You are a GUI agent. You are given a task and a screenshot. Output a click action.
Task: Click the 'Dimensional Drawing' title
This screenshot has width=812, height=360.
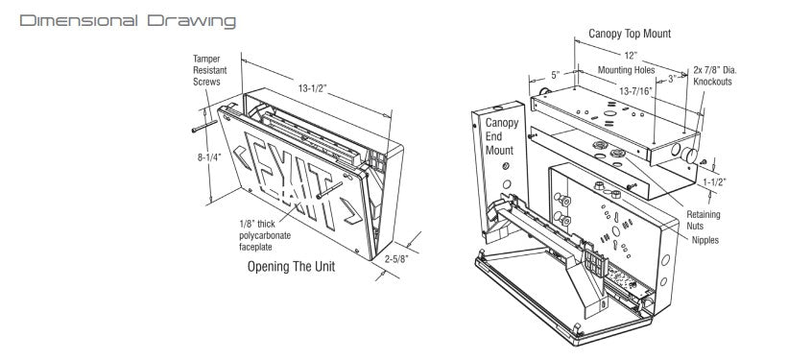(x=128, y=21)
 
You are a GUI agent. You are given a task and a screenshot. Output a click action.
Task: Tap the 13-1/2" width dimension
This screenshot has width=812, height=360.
(x=312, y=88)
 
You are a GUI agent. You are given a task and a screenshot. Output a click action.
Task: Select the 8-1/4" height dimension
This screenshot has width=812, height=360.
(x=209, y=157)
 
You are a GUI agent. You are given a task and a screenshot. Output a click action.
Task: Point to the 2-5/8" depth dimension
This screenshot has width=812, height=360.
(x=397, y=259)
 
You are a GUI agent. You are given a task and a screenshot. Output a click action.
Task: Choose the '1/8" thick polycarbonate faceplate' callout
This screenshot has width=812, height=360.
(x=265, y=236)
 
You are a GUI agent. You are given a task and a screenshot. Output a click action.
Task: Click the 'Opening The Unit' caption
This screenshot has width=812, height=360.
(x=291, y=267)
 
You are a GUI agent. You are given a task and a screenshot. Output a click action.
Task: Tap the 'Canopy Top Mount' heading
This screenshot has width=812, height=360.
(x=630, y=34)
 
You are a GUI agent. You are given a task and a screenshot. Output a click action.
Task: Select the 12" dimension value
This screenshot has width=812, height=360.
(x=631, y=56)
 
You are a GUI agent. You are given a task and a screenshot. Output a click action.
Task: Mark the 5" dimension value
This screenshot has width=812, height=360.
(x=556, y=76)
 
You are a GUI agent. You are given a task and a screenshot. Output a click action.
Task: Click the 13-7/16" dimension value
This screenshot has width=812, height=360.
(x=636, y=91)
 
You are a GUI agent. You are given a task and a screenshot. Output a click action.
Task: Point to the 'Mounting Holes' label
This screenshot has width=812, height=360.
(x=626, y=70)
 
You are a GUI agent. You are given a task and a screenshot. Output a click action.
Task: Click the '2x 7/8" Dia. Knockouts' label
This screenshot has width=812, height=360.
(x=715, y=76)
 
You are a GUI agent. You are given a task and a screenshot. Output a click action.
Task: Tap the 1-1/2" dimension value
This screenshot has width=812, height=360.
(x=714, y=181)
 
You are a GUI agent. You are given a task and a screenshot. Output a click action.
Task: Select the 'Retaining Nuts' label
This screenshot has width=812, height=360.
(x=703, y=220)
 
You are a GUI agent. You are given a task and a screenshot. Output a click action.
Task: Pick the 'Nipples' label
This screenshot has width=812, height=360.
(x=705, y=240)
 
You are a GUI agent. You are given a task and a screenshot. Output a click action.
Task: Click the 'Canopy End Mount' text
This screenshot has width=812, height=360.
(x=501, y=136)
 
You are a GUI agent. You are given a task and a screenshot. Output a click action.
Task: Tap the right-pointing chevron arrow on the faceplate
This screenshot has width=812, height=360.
(x=351, y=211)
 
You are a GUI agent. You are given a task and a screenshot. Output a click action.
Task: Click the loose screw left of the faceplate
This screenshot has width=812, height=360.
(x=204, y=127)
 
